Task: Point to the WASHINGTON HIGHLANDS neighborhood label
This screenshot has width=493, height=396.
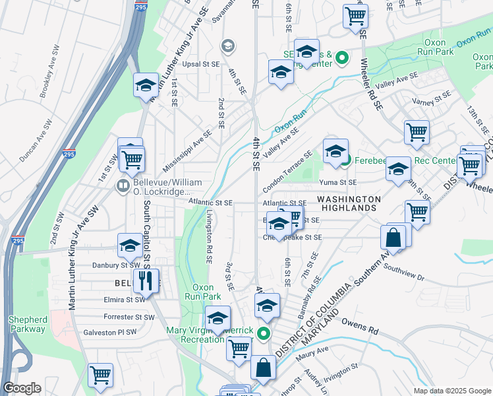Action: (x=349, y=203)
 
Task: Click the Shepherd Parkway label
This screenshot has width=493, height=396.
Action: (x=28, y=324)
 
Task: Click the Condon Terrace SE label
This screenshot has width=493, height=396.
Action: (x=287, y=170)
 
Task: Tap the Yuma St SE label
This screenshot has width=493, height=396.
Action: (x=337, y=182)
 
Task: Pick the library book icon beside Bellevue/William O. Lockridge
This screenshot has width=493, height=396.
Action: (x=122, y=187)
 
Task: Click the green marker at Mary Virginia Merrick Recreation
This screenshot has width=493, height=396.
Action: (x=264, y=334)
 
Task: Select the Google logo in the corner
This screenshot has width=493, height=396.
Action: (x=22, y=388)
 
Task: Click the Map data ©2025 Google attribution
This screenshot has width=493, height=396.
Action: (x=451, y=391)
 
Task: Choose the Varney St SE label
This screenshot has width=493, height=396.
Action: (x=432, y=98)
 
